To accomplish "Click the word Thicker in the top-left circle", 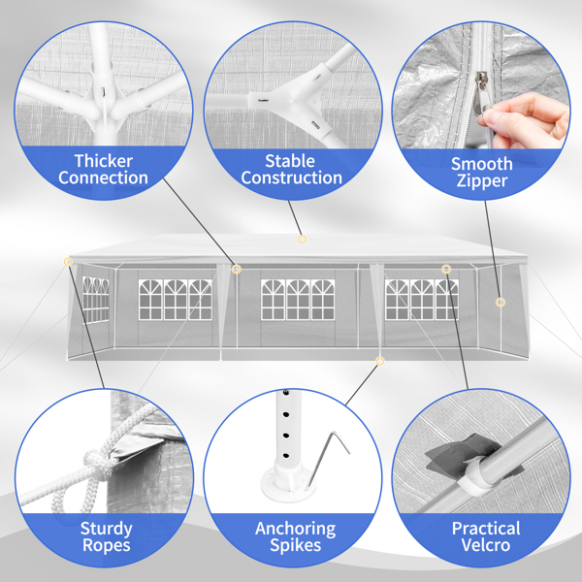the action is point(104,161).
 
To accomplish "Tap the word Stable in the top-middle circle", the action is point(290,161).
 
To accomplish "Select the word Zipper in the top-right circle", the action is point(482,180).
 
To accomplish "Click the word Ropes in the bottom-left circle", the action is point(107,545).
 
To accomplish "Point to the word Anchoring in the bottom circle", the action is point(296,529).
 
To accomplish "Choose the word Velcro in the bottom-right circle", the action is point(486,545).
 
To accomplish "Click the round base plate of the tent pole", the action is point(287,482).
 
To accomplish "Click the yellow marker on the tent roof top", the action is point(302,240).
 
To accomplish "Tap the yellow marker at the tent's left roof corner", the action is point(68,262).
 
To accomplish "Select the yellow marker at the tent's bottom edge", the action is point(379,361).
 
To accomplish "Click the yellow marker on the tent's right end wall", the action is point(501,302).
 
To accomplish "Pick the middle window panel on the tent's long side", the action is point(298,300).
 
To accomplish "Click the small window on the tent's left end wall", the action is point(95,299).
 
